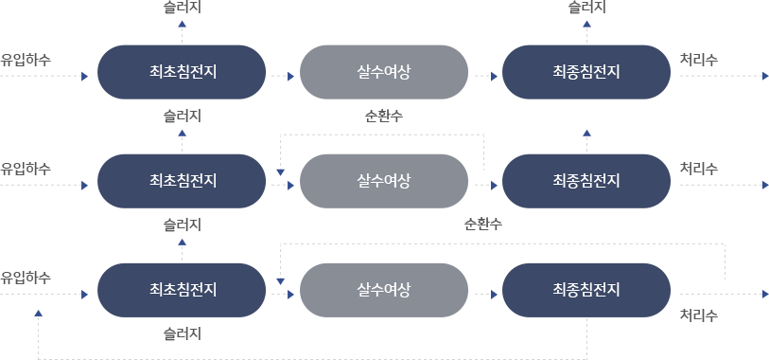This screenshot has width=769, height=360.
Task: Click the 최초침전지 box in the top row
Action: (x=183, y=71)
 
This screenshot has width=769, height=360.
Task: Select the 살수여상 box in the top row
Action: (x=384, y=71)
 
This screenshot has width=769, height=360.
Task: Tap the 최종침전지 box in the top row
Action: (x=586, y=71)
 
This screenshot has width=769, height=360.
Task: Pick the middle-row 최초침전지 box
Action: (x=183, y=180)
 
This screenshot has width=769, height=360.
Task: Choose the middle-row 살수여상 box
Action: (x=384, y=180)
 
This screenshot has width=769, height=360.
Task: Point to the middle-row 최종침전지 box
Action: (x=586, y=180)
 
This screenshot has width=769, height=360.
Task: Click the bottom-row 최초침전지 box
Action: (x=183, y=289)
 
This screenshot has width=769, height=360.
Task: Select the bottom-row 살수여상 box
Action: (x=384, y=289)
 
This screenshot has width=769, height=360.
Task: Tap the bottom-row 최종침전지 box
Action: (x=586, y=289)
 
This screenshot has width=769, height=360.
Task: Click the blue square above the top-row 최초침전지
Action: (x=183, y=24)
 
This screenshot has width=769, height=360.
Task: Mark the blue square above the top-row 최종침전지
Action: (x=587, y=24)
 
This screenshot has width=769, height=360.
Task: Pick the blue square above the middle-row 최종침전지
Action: (x=587, y=133)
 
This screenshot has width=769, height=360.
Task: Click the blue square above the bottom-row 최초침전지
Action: (x=183, y=242)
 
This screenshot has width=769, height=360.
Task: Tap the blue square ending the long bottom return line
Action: (x=38, y=313)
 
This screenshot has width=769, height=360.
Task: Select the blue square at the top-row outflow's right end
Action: (x=764, y=76)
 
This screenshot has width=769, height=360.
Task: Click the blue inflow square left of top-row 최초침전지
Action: (x=85, y=76)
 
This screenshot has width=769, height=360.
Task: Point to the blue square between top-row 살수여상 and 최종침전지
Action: (x=495, y=76)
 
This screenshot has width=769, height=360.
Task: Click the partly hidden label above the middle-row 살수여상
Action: (x=383, y=117)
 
